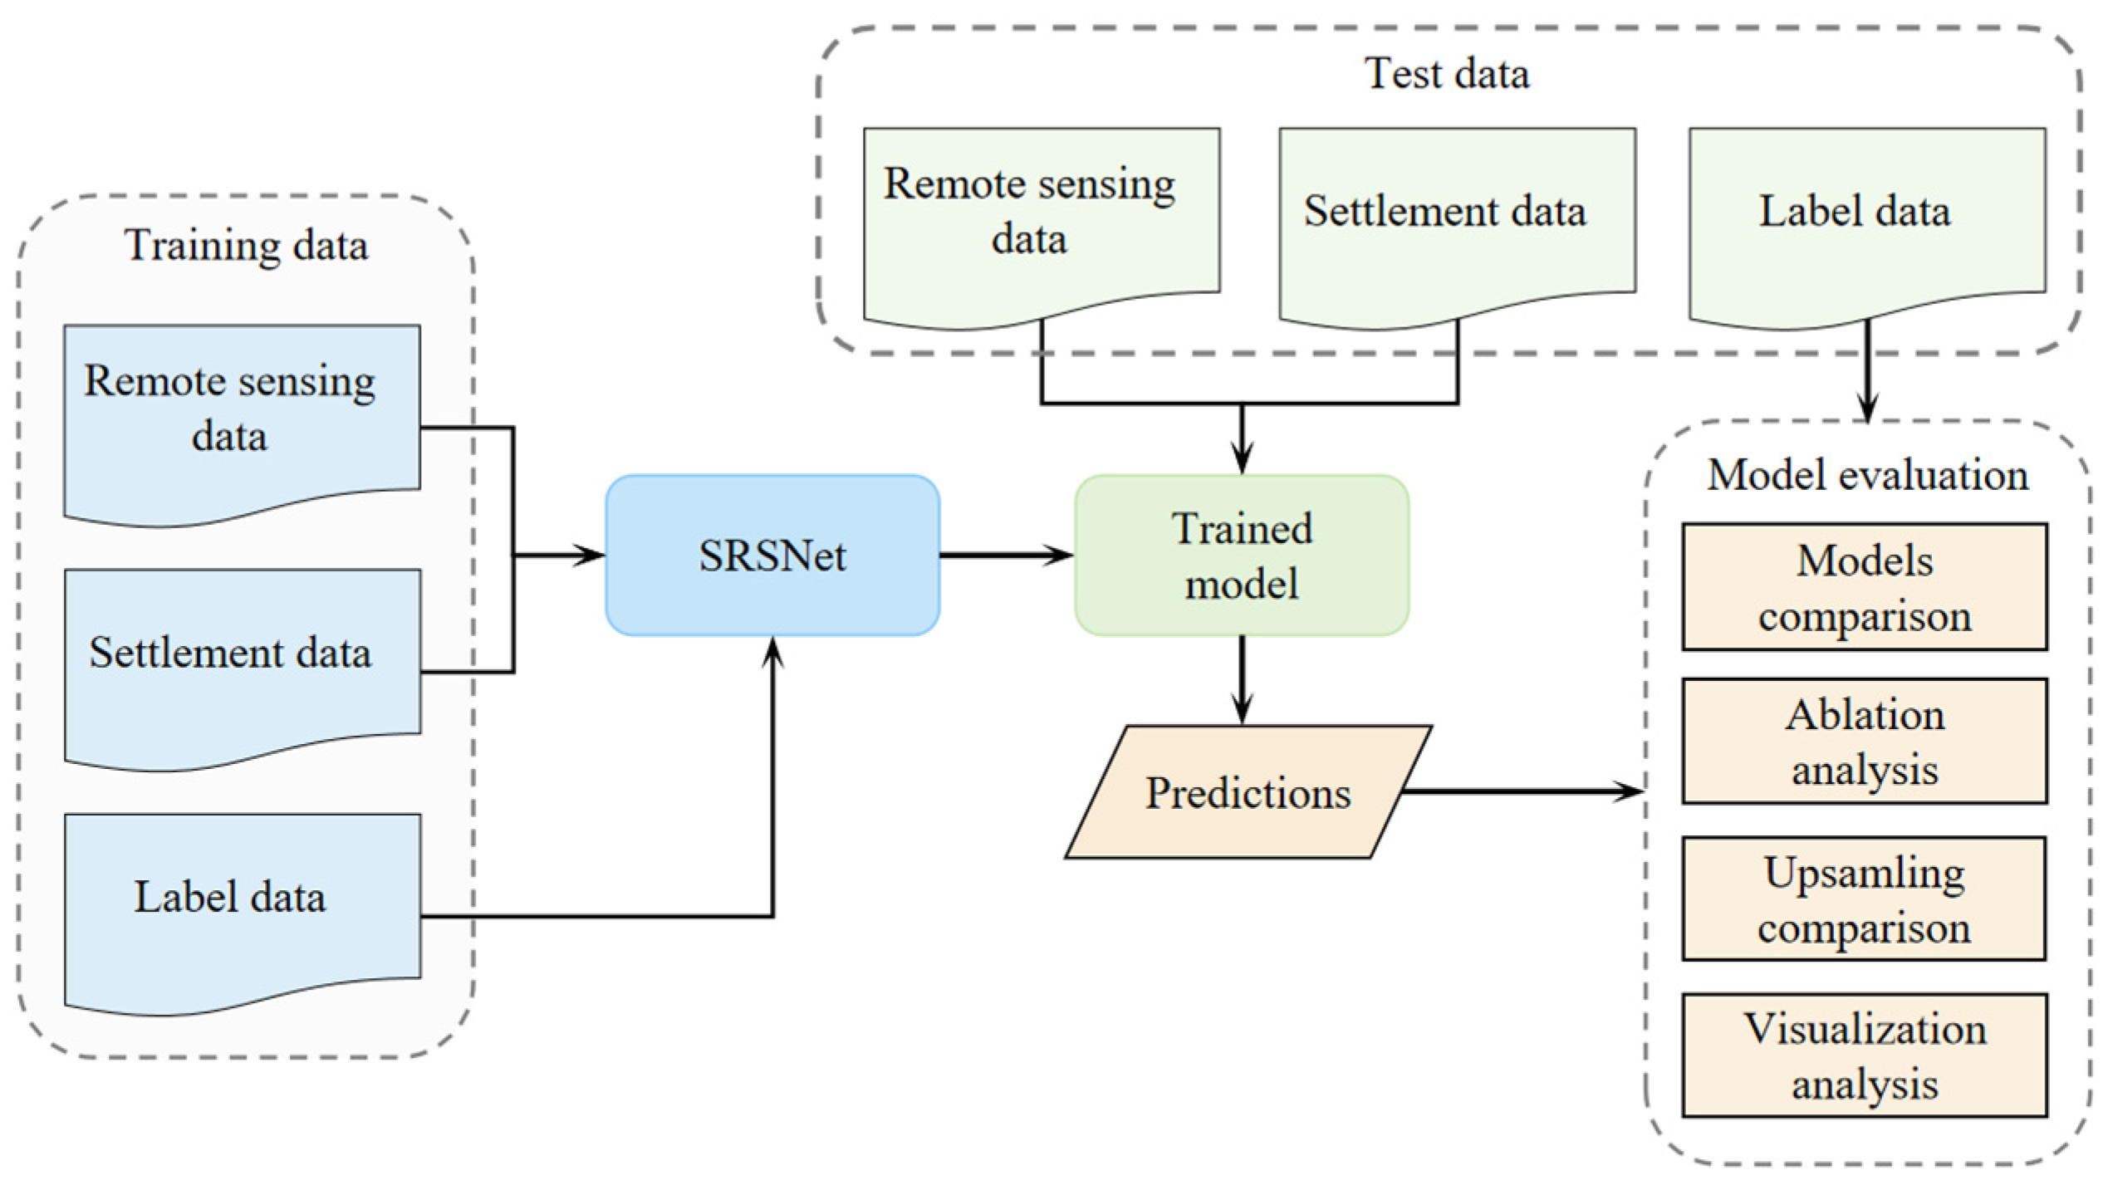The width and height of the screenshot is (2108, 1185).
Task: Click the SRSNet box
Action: [x=772, y=556]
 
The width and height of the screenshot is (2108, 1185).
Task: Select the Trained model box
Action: [x=1242, y=556]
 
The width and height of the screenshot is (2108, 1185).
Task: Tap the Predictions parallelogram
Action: [x=1248, y=792]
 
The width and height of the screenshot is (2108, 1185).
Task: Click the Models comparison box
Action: [x=1865, y=587]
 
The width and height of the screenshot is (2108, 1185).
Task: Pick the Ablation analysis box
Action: [x=1865, y=742]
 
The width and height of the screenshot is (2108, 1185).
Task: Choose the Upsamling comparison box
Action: [x=1865, y=899]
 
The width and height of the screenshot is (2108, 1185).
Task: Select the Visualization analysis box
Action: [x=1865, y=1055]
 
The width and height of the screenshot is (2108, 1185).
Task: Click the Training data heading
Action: [x=246, y=246]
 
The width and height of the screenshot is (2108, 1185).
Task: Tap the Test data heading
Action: [x=1447, y=74]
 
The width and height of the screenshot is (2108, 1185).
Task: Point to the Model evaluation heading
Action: [x=1867, y=475]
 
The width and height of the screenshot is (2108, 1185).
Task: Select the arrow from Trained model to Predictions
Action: [x=1242, y=681]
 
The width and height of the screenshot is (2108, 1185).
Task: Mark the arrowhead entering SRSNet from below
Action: [x=773, y=653]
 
